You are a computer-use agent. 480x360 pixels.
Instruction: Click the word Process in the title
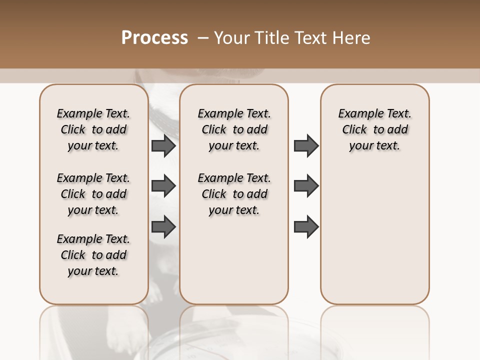pyautogui.click(x=154, y=38)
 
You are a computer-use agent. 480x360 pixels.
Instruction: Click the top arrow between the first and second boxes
pyautogui.click(x=163, y=145)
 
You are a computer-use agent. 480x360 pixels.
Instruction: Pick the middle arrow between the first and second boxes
pyautogui.click(x=163, y=186)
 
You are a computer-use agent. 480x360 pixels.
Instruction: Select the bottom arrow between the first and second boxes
pyautogui.click(x=163, y=227)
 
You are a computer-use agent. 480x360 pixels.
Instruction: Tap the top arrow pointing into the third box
pyautogui.click(x=306, y=145)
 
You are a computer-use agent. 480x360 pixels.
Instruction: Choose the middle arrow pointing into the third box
pyautogui.click(x=306, y=186)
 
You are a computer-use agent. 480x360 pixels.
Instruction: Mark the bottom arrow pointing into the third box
pyautogui.click(x=306, y=227)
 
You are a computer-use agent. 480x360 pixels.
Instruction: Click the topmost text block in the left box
pyautogui.click(x=93, y=129)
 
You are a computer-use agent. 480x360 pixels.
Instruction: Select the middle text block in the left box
pyautogui.click(x=93, y=194)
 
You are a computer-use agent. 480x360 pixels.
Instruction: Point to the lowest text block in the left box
pyautogui.click(x=93, y=255)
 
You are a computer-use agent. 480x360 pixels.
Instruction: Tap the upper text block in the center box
pyautogui.click(x=234, y=129)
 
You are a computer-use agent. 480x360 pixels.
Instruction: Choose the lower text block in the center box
pyautogui.click(x=234, y=194)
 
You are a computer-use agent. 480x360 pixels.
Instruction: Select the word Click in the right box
pyautogui.click(x=354, y=130)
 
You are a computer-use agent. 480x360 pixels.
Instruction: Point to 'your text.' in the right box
pyautogui.click(x=374, y=146)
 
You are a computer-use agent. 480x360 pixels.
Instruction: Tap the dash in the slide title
pyautogui.click(x=203, y=38)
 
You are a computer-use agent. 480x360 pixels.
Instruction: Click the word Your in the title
pyautogui.click(x=231, y=38)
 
